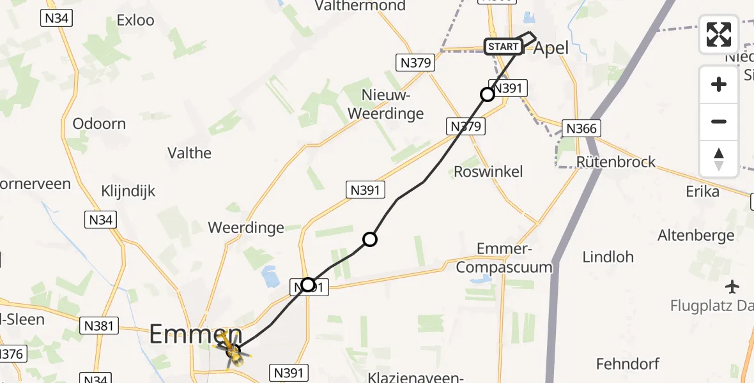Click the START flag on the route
tap(503, 47)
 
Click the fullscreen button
tap(719, 34)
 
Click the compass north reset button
tap(719, 159)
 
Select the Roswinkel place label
tap(488, 171)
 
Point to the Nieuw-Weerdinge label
tap(392, 105)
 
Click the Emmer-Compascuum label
tap(514, 257)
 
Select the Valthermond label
tap(360, 6)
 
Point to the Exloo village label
tap(135, 20)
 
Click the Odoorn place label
tap(99, 124)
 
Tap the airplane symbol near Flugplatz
tap(732, 285)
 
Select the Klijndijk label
tap(128, 191)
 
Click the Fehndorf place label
tap(627, 364)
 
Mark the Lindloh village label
tap(608, 257)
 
